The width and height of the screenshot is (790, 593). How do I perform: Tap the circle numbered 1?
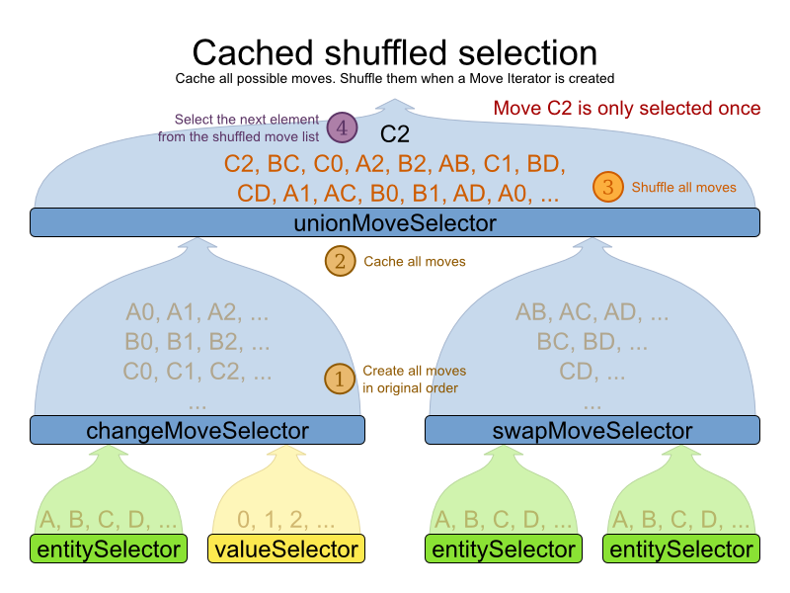coord(340,379)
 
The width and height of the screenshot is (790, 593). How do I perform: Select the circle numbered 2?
coord(340,261)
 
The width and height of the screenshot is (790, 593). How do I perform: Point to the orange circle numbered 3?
coord(608,187)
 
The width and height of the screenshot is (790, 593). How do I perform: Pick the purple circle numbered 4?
coord(343,127)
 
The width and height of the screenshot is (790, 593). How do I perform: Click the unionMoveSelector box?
coord(395,223)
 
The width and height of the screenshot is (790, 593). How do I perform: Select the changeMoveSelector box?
coord(197,430)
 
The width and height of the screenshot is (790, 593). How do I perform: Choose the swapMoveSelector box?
coord(592,430)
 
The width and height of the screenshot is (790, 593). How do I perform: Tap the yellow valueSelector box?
coord(286,549)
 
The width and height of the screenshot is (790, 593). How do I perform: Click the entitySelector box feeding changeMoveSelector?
coord(109,549)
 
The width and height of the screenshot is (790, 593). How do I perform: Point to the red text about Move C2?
coord(626,108)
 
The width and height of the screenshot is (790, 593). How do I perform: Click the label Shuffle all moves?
coord(683,187)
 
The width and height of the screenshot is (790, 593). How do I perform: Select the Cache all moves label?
coord(414,262)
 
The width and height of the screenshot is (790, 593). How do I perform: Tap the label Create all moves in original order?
coord(414,380)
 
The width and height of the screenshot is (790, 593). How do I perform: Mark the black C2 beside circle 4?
coord(395,133)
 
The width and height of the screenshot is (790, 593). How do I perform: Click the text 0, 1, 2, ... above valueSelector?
coord(286,519)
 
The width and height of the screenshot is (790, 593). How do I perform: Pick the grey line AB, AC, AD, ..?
coord(592,314)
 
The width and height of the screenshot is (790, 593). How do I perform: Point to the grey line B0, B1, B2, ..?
coord(197,344)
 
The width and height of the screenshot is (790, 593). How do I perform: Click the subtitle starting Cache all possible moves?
coord(395,78)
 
